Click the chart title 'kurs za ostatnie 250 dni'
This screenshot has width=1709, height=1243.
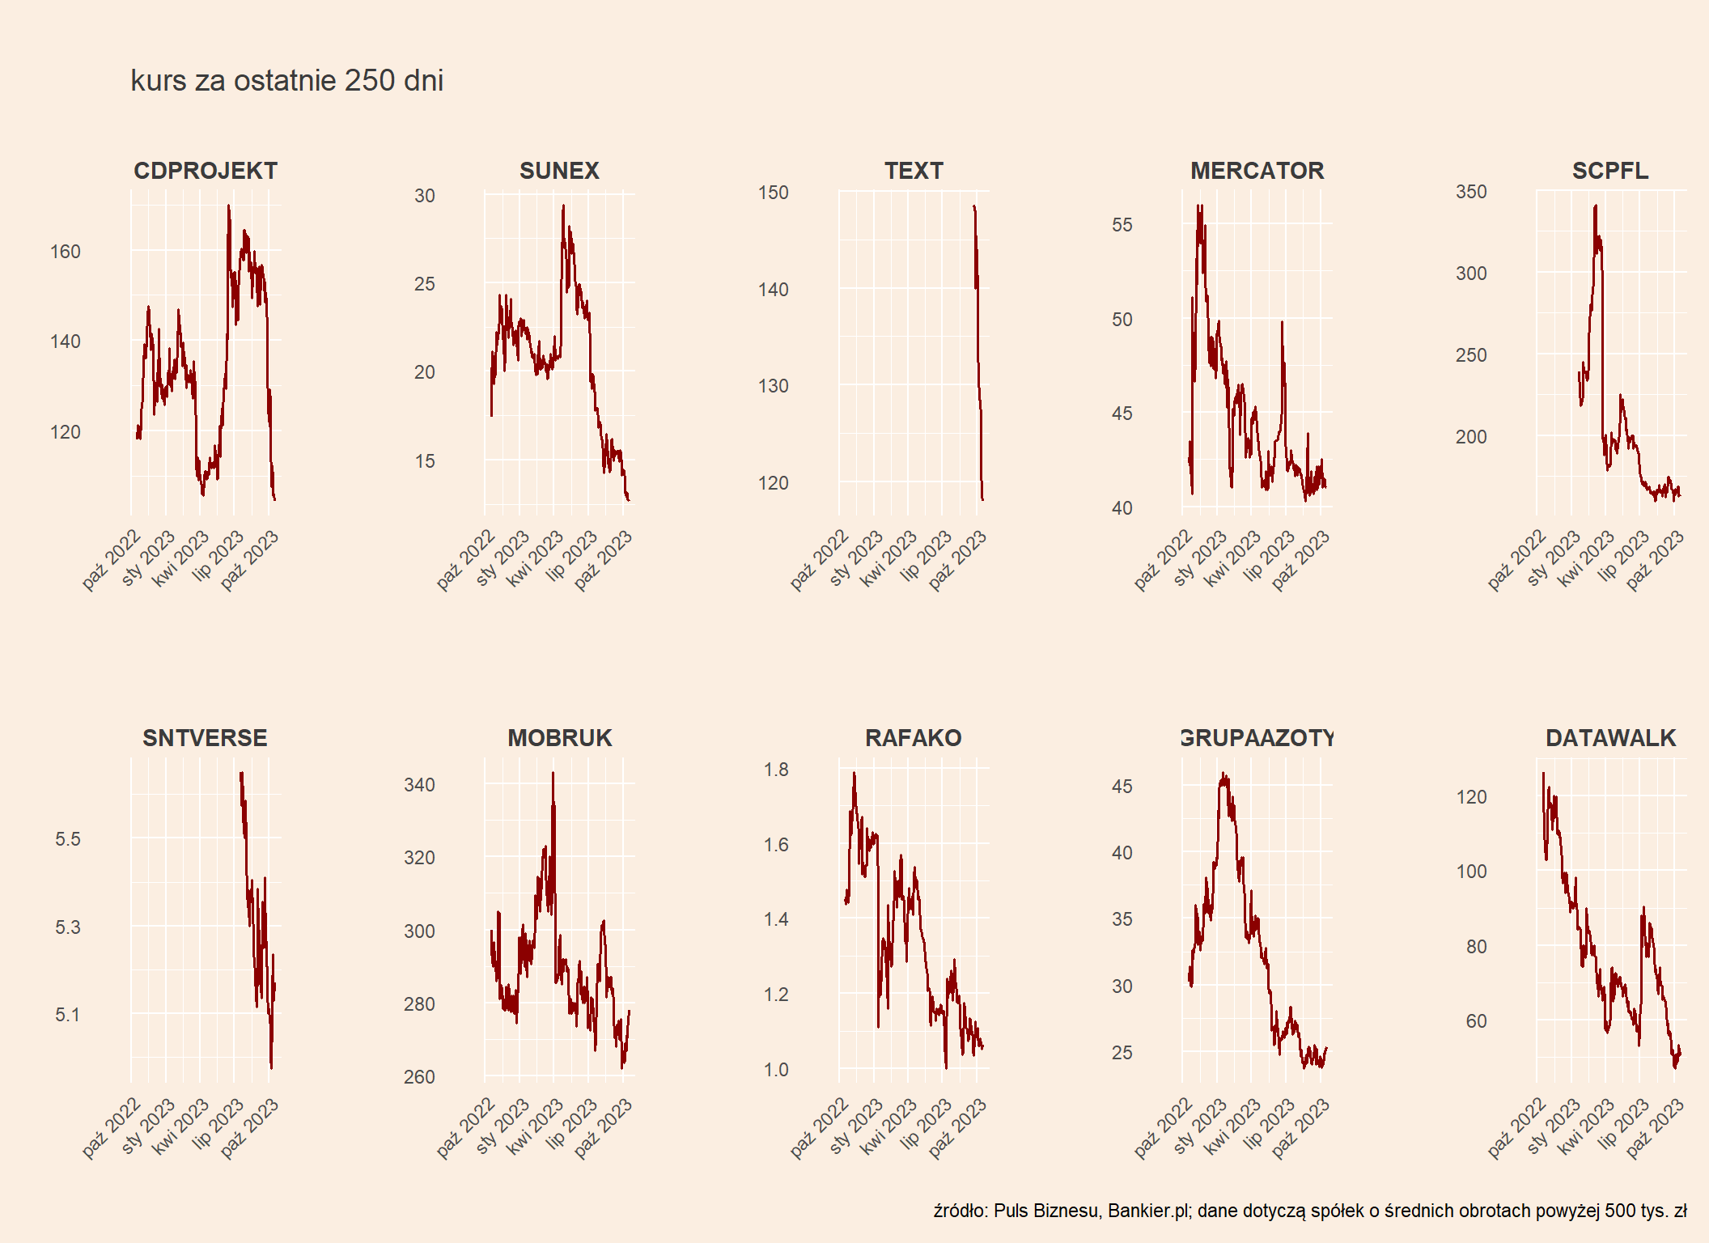click(x=286, y=81)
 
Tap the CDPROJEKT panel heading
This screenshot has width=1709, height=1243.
click(x=206, y=171)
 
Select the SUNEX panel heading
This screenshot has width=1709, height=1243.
click(x=559, y=171)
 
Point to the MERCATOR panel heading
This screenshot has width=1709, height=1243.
click(x=1257, y=171)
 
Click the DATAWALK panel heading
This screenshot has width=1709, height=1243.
click(x=1610, y=738)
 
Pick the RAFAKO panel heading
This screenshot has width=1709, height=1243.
click(x=913, y=738)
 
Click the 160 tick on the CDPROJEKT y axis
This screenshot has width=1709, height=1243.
click(x=66, y=252)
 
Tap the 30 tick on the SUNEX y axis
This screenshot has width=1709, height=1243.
click(x=425, y=196)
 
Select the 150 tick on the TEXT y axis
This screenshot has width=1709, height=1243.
click(x=773, y=193)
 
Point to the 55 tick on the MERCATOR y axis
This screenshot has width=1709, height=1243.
click(x=1122, y=225)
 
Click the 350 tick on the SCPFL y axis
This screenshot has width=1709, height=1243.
click(x=1471, y=192)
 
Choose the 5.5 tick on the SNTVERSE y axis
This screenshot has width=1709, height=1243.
click(x=68, y=839)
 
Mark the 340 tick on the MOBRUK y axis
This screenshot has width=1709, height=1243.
click(x=419, y=785)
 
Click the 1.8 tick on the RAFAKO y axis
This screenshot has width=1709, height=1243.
click(x=776, y=770)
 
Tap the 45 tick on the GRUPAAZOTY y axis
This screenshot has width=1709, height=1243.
click(x=1122, y=787)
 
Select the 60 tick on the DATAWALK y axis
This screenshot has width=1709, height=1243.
click(x=1476, y=1021)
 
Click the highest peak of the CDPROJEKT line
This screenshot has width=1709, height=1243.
click(x=228, y=206)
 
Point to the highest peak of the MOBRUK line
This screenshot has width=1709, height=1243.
click(x=553, y=773)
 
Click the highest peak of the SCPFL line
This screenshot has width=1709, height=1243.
click(x=1595, y=206)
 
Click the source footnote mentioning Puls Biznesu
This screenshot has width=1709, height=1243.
click(x=1309, y=1211)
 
